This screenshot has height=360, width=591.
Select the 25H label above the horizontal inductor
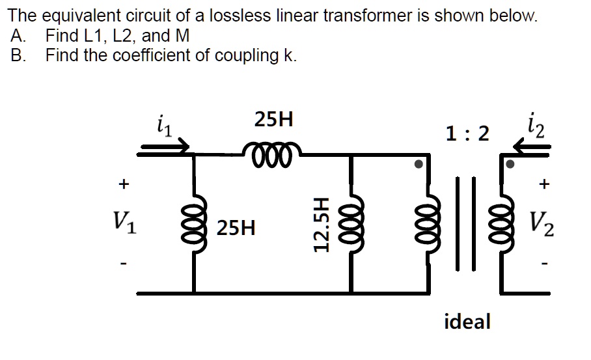273,120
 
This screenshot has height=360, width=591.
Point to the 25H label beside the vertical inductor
236,228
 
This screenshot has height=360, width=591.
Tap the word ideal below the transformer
467,321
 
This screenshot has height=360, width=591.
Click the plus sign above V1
122,185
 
